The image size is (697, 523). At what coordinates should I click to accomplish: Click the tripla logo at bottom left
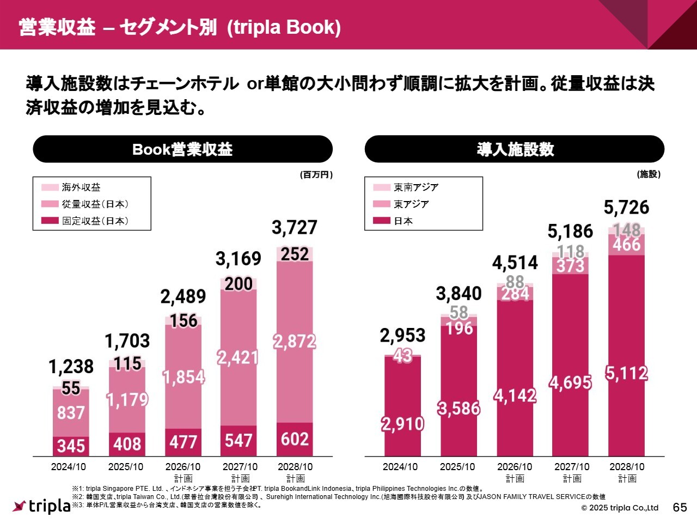42,506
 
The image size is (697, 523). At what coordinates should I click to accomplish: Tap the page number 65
680,507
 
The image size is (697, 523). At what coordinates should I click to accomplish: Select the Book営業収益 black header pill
182,149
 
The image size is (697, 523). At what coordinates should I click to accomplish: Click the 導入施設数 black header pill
515,149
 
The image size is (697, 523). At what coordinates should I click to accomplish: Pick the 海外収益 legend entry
81,187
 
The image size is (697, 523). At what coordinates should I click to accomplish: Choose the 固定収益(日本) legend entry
95,221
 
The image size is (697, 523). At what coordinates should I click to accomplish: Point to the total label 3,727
294,227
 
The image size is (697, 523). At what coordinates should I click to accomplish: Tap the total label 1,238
71,367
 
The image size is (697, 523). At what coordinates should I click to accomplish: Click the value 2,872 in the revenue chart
295,342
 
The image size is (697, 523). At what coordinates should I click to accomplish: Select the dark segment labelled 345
71,446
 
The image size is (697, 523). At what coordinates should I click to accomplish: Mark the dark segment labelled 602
295,439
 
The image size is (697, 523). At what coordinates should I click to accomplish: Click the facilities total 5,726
626,208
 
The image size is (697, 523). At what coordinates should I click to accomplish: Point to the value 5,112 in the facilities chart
627,374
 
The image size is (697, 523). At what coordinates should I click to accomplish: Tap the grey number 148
627,229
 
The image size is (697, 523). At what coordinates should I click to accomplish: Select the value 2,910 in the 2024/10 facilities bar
402,424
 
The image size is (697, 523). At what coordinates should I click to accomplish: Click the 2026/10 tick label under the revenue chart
183,467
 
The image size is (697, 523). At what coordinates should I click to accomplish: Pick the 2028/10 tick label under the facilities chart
627,467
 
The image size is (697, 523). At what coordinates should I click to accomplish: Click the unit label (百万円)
316,175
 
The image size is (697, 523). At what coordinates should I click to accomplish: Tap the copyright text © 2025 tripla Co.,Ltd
620,508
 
